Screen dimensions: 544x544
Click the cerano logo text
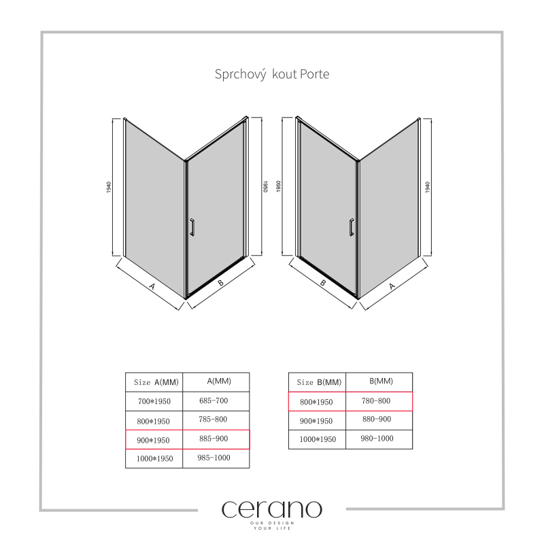[x=272, y=509]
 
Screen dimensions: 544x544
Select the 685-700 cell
[x=214, y=401]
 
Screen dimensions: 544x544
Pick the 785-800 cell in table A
[x=214, y=420]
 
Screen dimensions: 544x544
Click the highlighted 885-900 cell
[x=214, y=439]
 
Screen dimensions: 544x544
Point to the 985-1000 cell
[x=214, y=458]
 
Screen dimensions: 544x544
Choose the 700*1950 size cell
[x=154, y=401]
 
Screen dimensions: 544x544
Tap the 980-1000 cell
[x=377, y=439]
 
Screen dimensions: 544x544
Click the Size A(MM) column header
[x=156, y=382]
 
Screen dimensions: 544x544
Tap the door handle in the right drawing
[x=351, y=227]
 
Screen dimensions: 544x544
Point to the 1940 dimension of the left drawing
[x=109, y=187]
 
